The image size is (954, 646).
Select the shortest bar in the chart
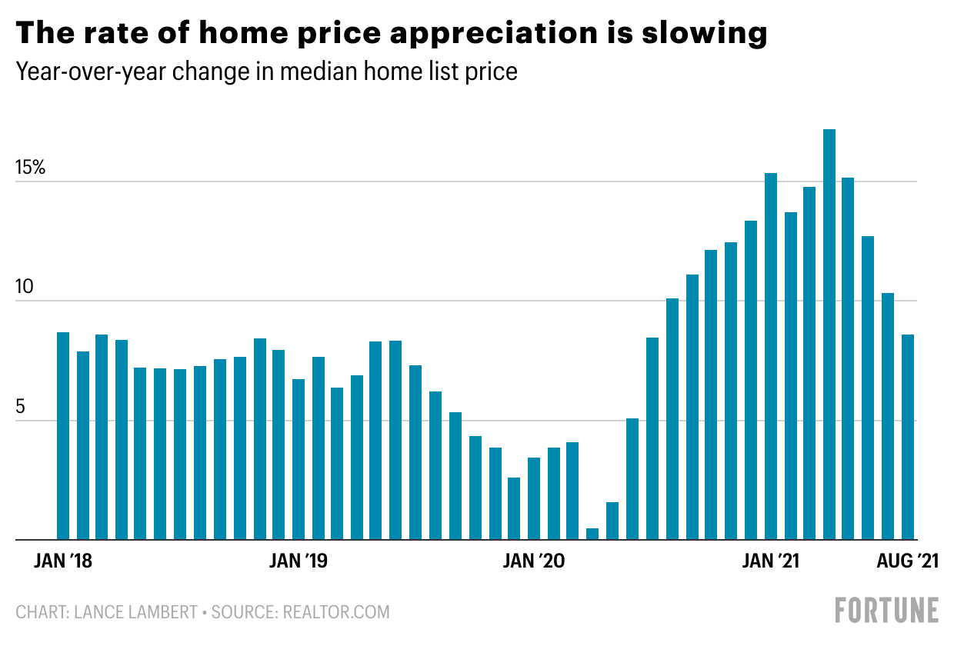[x=592, y=534]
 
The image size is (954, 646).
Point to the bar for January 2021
[x=770, y=357]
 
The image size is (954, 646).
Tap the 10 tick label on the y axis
[x=25, y=288]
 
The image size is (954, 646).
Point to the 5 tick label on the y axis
[x=21, y=407]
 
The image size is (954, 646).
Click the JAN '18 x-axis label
[x=63, y=561]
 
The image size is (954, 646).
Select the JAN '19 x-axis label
[x=299, y=561]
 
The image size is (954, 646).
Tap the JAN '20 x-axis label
[x=534, y=561]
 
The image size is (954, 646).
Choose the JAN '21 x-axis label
[x=770, y=561]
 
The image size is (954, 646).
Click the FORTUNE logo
[x=887, y=610]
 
